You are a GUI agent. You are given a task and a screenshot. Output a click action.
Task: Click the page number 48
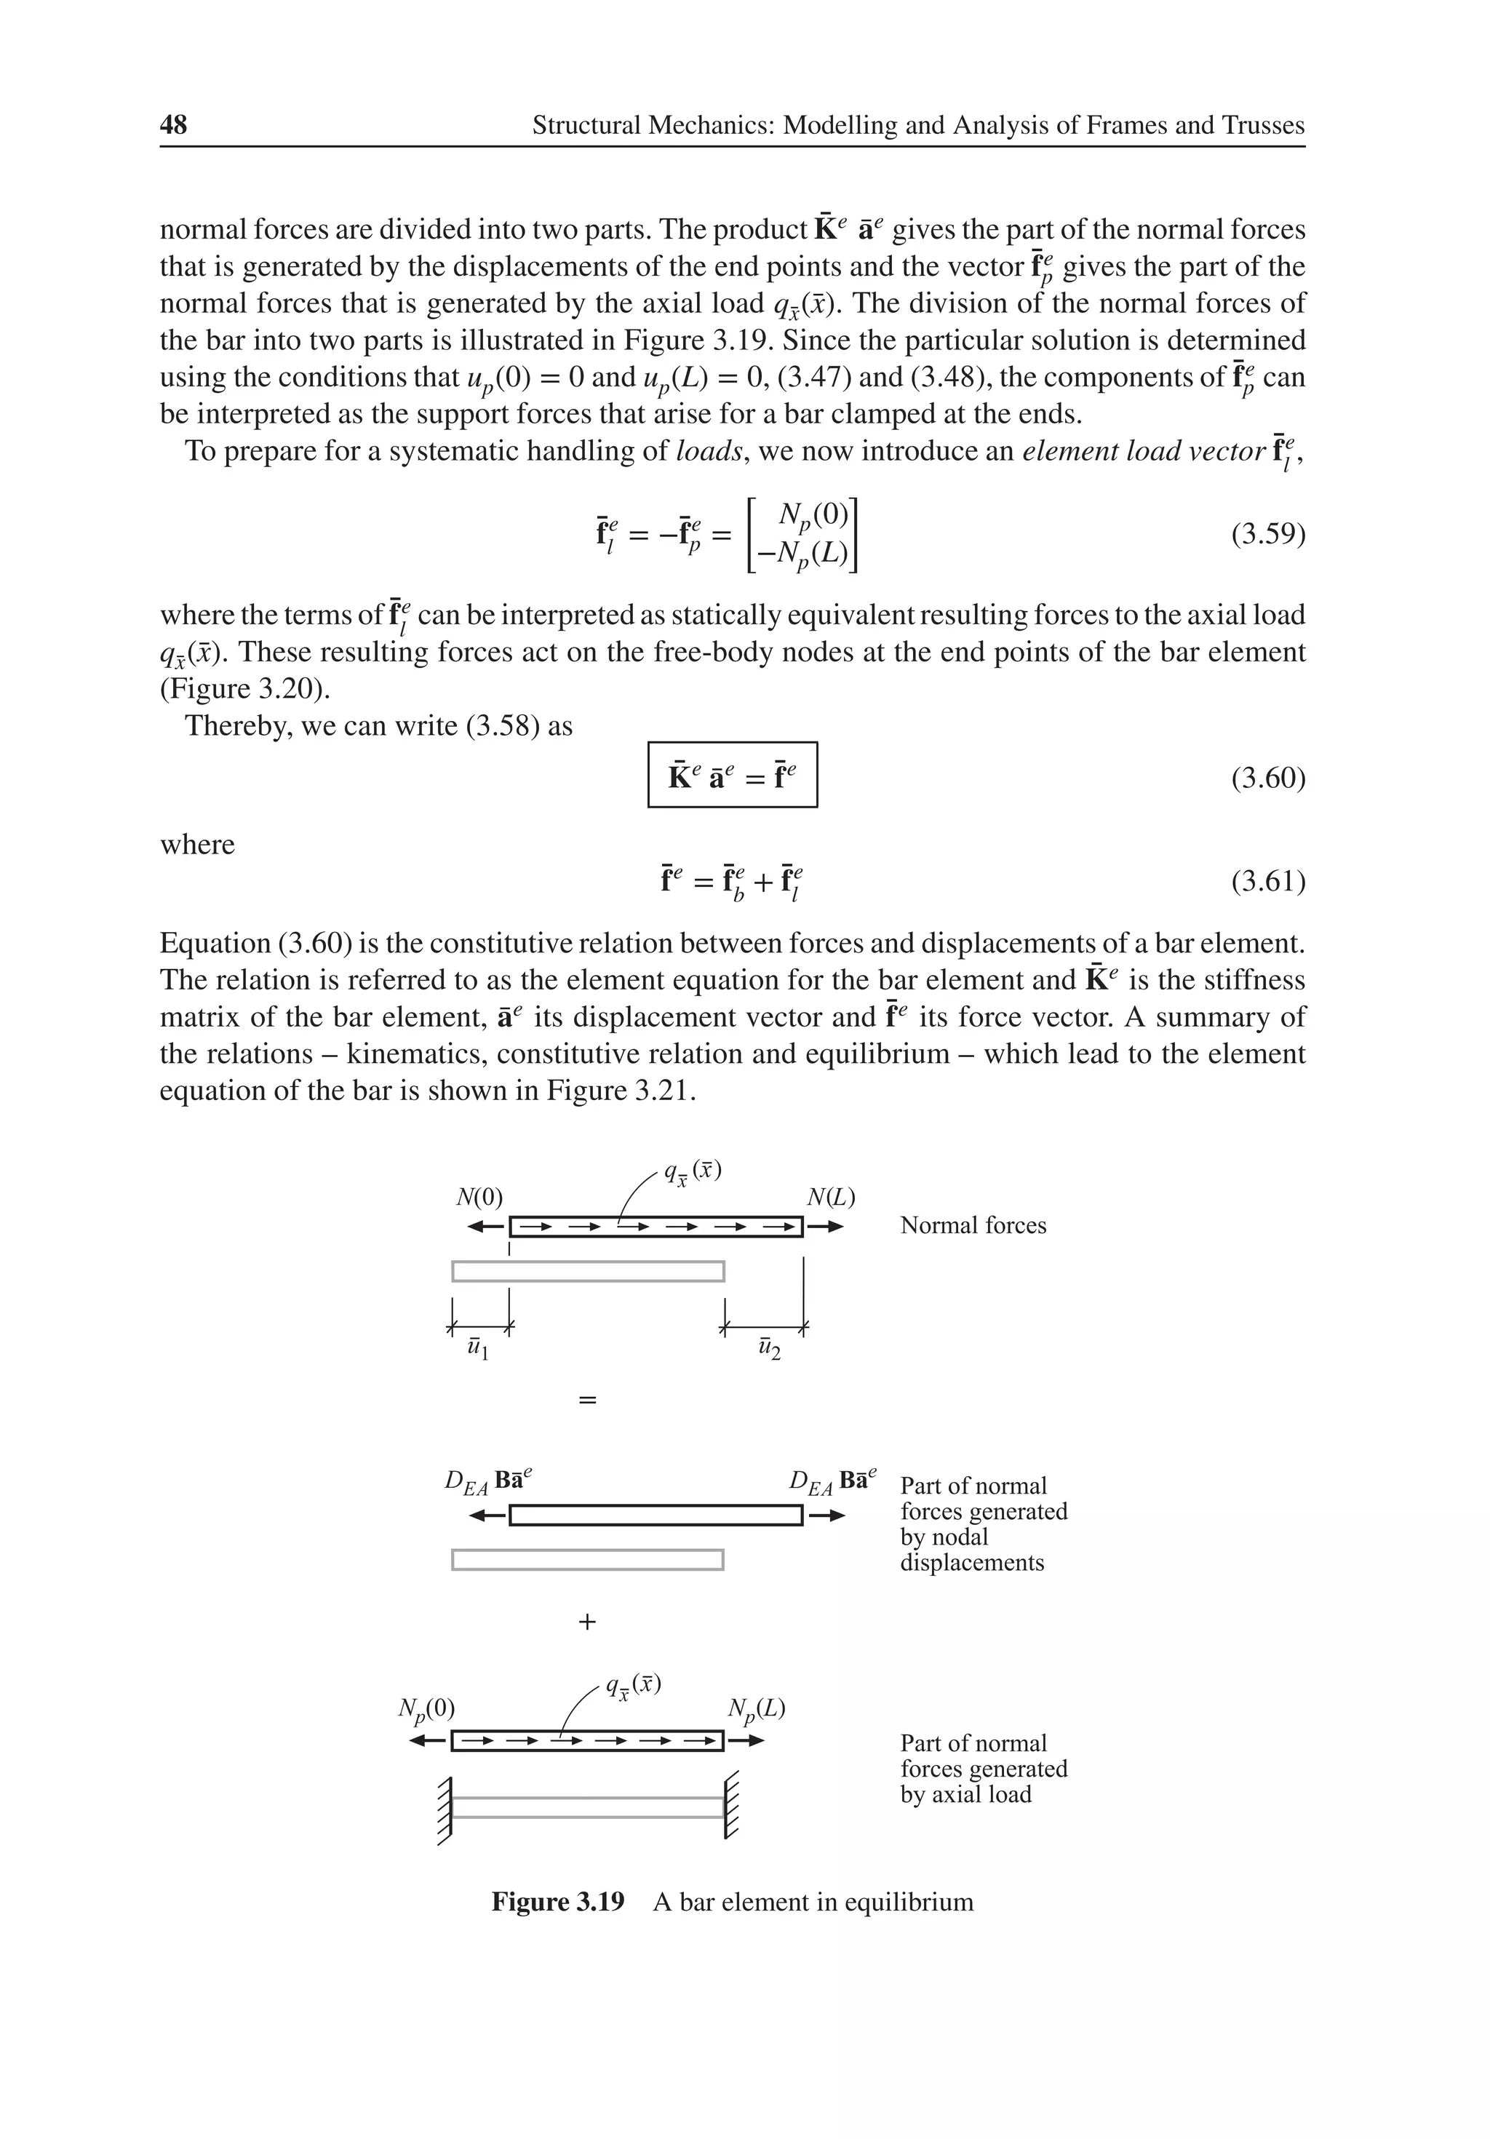tap(173, 125)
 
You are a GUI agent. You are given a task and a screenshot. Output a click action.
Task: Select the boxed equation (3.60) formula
tap(733, 775)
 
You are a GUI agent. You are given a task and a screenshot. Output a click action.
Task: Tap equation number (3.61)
tap(1267, 880)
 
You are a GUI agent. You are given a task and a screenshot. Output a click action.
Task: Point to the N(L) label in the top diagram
tap(830, 1197)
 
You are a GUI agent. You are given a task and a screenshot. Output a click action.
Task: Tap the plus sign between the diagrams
tap(587, 1622)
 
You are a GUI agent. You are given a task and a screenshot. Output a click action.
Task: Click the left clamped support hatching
tap(445, 1809)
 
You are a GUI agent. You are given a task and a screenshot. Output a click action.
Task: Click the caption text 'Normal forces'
tap(973, 1226)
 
